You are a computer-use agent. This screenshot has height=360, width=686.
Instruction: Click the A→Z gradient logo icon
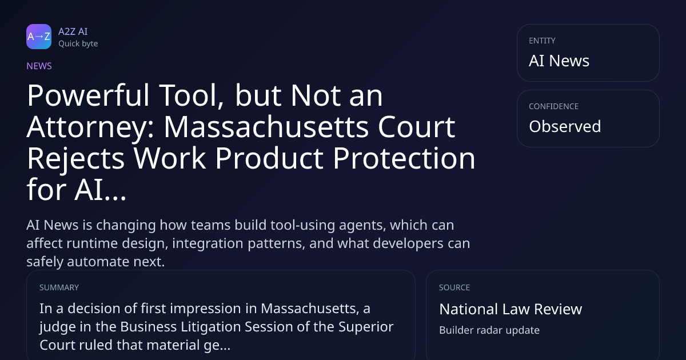click(39, 37)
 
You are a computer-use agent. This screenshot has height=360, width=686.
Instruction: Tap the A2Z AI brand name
click(73, 31)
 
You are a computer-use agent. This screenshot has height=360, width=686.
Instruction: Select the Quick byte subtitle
click(78, 44)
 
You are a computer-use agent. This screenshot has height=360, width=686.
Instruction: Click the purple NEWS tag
click(39, 66)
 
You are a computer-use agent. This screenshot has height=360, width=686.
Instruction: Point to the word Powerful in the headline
click(88, 95)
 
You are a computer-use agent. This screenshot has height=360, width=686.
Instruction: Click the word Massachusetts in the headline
click(266, 127)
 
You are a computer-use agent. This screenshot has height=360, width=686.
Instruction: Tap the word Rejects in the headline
click(76, 159)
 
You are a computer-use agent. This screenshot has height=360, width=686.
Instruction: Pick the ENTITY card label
click(542, 41)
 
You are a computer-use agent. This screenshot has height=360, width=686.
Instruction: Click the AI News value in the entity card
click(559, 61)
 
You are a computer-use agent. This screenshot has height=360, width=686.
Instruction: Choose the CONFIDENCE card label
click(554, 106)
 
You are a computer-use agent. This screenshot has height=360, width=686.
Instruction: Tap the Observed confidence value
click(565, 126)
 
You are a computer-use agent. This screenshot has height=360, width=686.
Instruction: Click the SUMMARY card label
click(59, 287)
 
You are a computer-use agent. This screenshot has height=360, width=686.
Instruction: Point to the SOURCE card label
click(454, 287)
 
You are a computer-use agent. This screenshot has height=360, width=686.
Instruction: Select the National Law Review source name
click(510, 309)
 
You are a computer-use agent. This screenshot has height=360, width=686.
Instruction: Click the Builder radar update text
click(489, 330)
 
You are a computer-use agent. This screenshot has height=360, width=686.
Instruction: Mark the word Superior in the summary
click(366, 327)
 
